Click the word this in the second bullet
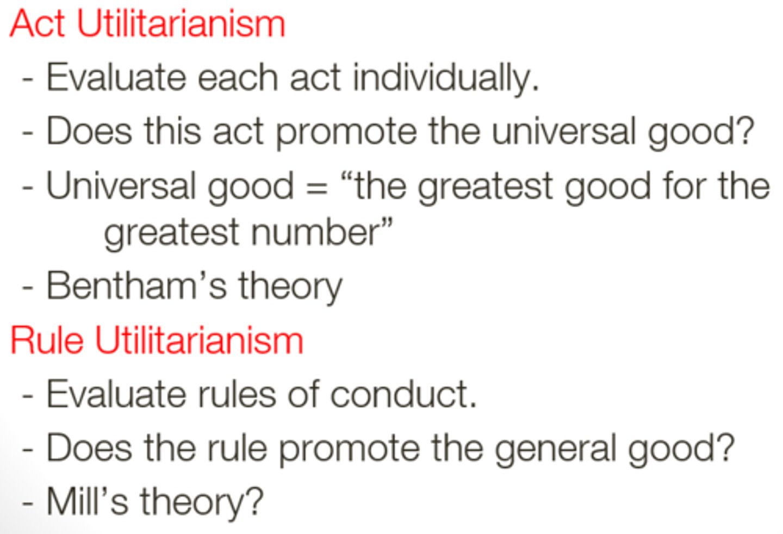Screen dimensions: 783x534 pyautogui.click(x=173, y=131)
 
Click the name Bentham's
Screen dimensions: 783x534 pyautogui.click(x=136, y=285)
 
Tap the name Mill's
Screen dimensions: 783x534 pyautogui.click(x=87, y=501)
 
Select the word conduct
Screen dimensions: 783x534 pyautogui.click(x=403, y=394)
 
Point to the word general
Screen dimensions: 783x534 pyautogui.click(x=556, y=449)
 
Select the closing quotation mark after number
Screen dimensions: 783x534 pyautogui.click(x=386, y=223)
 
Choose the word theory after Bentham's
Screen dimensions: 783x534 pyautogui.click(x=290, y=288)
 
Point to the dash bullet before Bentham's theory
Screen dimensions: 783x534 pyautogui.click(x=27, y=288)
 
